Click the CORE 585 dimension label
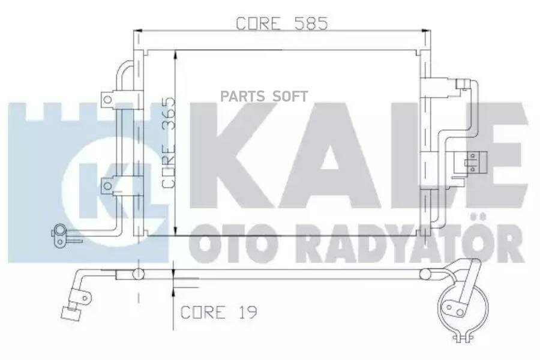point(281,23)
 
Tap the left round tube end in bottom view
point(139,274)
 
